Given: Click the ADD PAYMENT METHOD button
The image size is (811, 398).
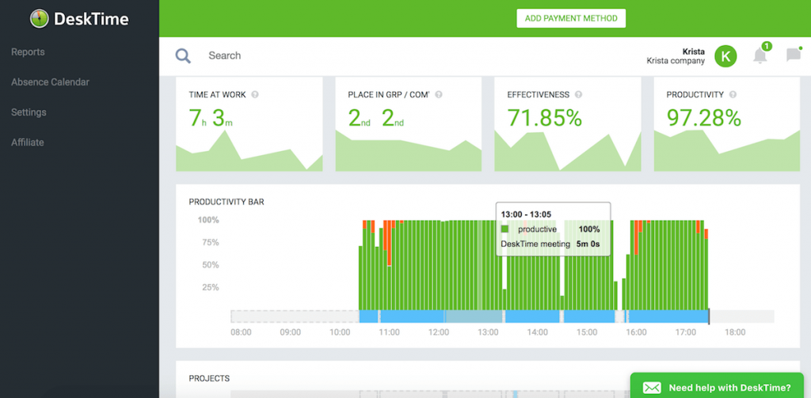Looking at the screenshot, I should click(x=571, y=18).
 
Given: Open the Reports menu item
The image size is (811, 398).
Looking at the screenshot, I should click(x=28, y=52).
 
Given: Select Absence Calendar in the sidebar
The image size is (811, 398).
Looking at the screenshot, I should click(x=50, y=82).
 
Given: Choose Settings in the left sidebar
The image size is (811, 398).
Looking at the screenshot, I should click(x=29, y=112).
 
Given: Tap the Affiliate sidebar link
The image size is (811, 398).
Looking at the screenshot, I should click(x=28, y=142).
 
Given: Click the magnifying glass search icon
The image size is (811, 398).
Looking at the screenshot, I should click(x=183, y=55).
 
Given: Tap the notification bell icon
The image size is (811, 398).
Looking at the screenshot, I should click(x=760, y=55).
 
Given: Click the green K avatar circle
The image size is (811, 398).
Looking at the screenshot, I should click(x=725, y=55).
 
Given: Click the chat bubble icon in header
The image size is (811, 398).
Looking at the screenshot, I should click(x=793, y=55).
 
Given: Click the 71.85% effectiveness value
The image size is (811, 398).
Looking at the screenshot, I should click(x=544, y=119).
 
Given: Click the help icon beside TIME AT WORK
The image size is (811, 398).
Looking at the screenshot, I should click(x=255, y=95).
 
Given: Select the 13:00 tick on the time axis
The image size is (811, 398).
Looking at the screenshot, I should click(x=487, y=333).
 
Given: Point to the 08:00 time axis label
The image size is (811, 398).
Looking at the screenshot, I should click(x=241, y=333).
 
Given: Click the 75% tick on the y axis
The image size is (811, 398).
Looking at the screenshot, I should click(x=208, y=242).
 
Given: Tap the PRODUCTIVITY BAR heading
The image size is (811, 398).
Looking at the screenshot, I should click(x=227, y=202).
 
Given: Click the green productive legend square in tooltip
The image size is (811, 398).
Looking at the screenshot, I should click(x=504, y=229).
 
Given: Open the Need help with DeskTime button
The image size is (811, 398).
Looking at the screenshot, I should click(x=719, y=388).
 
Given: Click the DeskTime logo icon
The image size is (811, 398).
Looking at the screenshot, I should click(x=40, y=19).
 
